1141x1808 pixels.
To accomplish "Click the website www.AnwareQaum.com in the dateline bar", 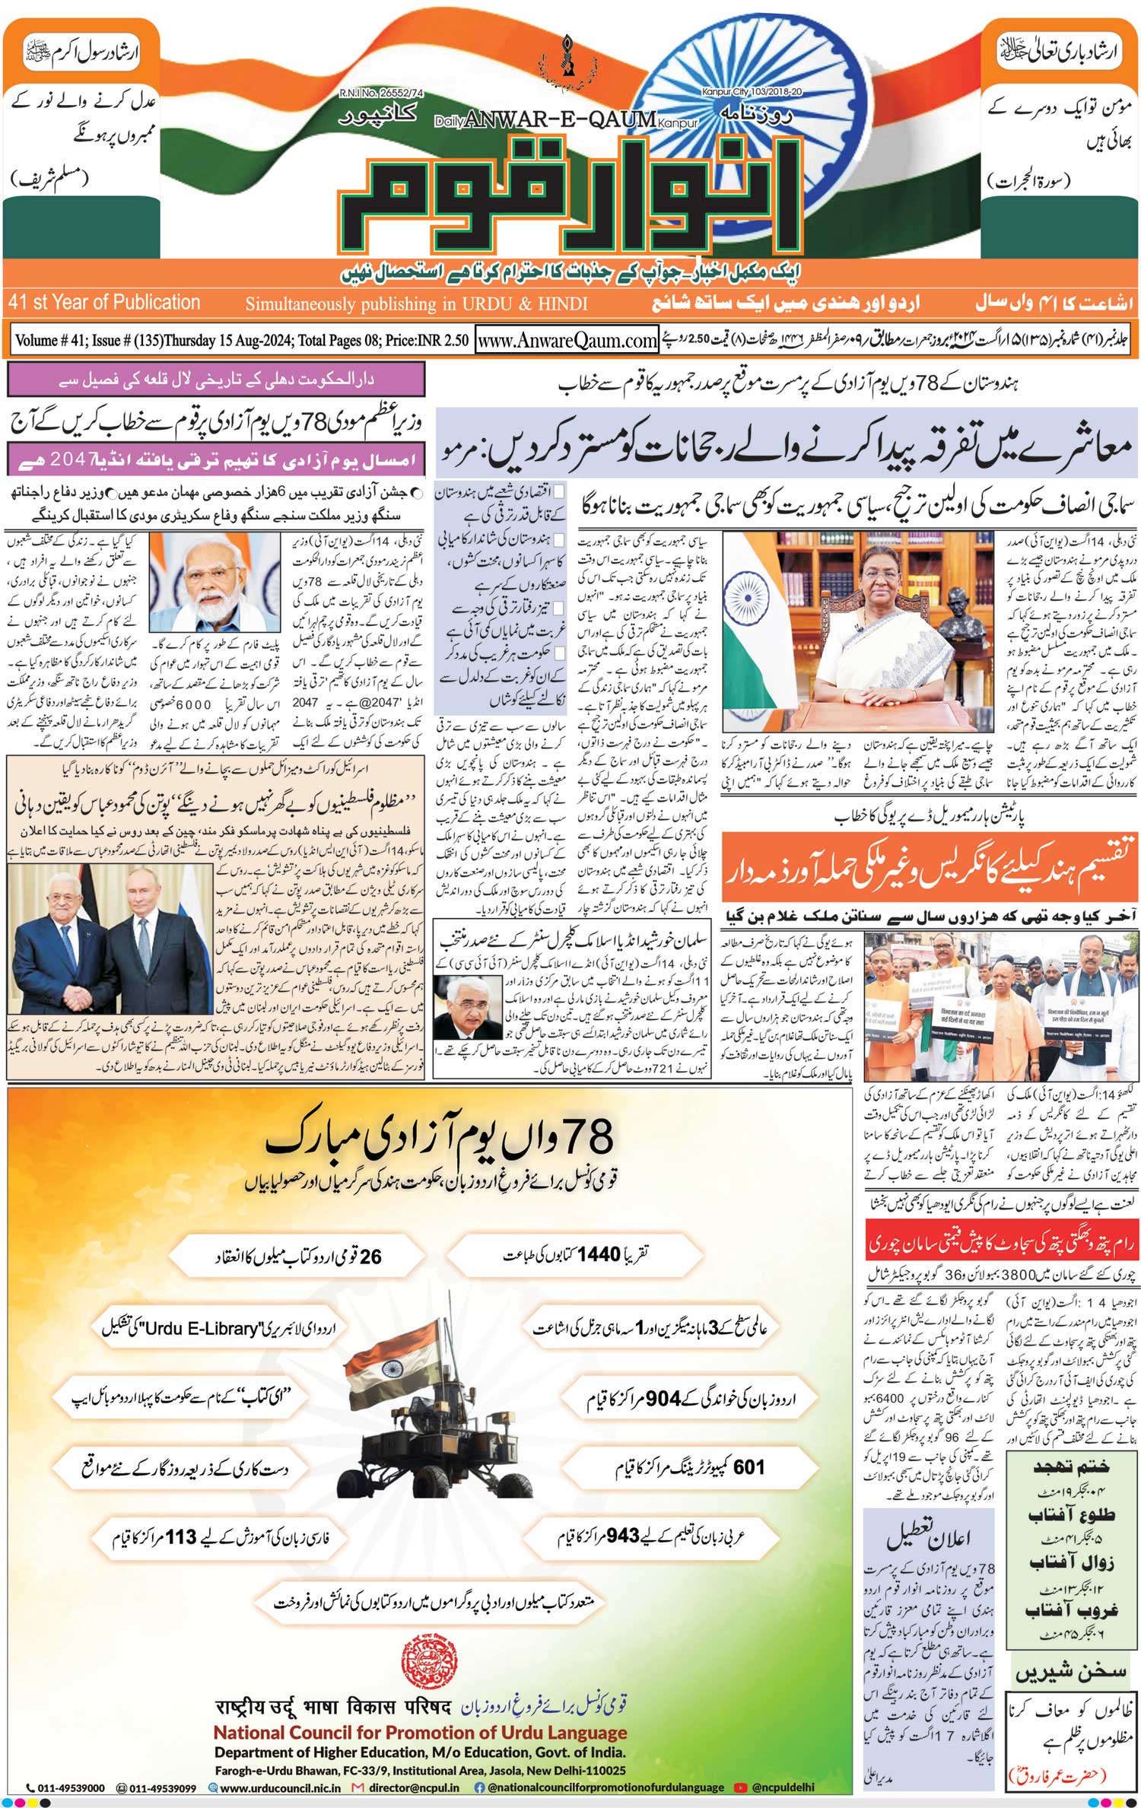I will click(567, 341).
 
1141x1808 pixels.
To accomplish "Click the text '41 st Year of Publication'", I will click(104, 303).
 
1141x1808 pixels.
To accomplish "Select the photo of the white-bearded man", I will click(215, 582).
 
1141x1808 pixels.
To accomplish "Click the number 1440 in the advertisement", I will click(599, 1254).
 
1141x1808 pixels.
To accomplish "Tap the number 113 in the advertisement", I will click(181, 1537).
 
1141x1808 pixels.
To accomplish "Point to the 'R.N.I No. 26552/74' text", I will click(381, 93).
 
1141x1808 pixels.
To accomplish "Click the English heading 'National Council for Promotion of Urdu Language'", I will click(420, 1733).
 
